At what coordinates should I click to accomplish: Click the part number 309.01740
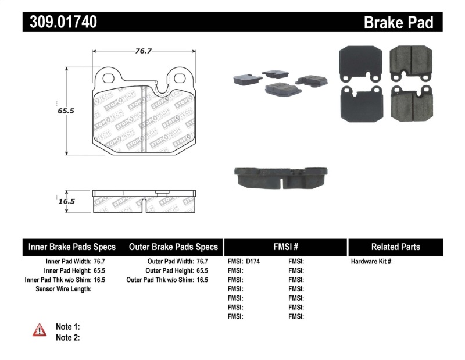[60, 22]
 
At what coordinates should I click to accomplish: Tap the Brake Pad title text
[398, 22]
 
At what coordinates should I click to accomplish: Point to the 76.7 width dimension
[144, 51]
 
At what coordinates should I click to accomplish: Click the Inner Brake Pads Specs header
[72, 247]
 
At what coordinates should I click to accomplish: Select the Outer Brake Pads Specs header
[173, 247]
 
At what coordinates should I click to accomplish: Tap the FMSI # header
[285, 247]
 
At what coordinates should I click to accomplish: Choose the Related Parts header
[395, 247]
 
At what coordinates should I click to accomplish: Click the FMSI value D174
[253, 262]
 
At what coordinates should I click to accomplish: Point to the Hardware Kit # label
[372, 262]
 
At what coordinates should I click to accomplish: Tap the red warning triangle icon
[40, 330]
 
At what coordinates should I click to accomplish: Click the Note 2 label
[67, 337]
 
